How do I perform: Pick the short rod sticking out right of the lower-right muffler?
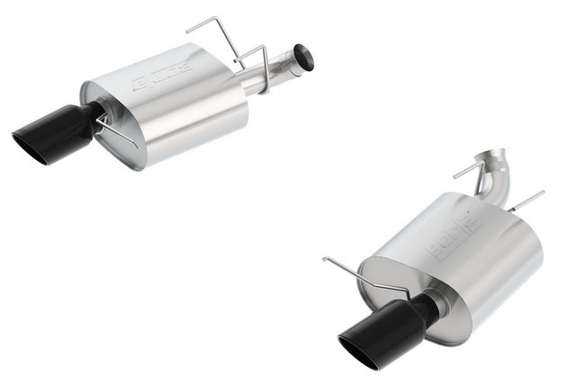(x=526, y=200)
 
